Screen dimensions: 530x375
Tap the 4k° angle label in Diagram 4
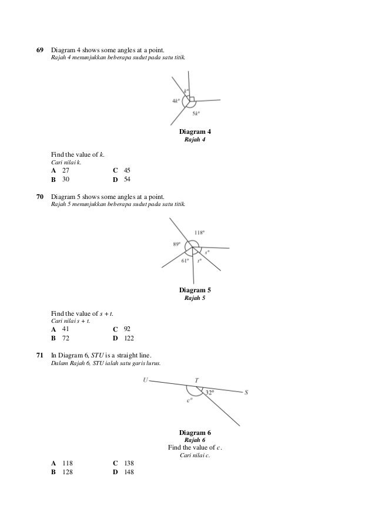tap(176, 100)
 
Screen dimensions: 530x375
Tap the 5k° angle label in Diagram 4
tap(196, 114)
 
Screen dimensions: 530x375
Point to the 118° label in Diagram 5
tap(203, 232)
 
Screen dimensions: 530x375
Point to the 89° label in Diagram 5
tap(176, 244)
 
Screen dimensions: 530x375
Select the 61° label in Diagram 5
tap(185, 261)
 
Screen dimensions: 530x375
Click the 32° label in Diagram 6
tap(209, 392)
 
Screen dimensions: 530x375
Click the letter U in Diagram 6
tap(145, 380)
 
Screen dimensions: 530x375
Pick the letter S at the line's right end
tap(246, 393)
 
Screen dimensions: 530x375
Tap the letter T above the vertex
tap(196, 380)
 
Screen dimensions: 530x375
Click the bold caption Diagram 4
tap(195, 131)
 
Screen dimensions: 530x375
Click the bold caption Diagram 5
tap(195, 291)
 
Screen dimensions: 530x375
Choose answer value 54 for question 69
tap(127, 179)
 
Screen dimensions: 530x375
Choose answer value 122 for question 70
tap(129, 338)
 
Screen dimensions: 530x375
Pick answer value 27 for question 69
tap(66, 170)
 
